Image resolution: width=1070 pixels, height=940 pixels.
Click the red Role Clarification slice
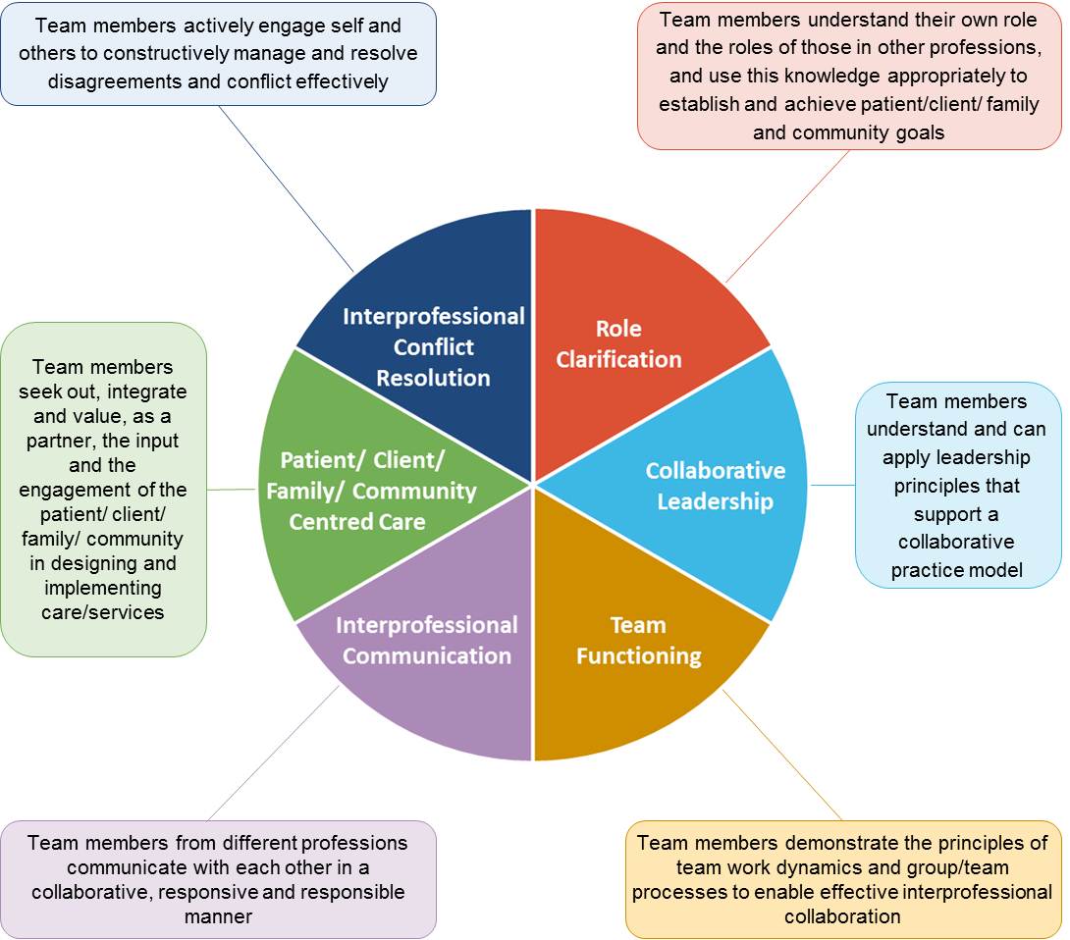point(628,294)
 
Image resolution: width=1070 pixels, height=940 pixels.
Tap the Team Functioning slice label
point(638,641)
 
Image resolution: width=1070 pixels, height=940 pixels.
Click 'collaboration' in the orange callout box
point(842,916)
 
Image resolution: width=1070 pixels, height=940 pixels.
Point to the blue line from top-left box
point(285,186)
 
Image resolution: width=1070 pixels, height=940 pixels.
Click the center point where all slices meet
point(533,485)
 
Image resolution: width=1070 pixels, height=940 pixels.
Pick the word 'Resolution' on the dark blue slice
point(433,378)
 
